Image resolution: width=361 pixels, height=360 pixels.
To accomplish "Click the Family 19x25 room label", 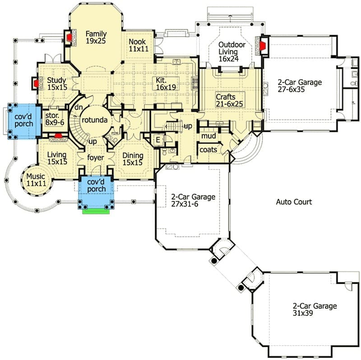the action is (96, 37).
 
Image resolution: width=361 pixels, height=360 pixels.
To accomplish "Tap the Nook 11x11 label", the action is (139, 45).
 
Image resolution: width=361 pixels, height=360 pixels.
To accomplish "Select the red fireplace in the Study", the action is (36, 83).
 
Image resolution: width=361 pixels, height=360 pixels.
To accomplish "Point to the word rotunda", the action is (95, 120).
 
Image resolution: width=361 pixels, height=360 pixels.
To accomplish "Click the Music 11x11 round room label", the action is (36, 180).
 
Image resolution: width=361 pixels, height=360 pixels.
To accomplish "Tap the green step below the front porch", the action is (96, 211).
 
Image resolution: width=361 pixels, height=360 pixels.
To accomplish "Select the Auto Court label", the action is (294, 202).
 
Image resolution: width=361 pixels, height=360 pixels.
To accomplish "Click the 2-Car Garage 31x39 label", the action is (315, 309).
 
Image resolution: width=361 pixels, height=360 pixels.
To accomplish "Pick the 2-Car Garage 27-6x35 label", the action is (300, 86).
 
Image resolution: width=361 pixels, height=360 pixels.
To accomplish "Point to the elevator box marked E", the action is (158, 140).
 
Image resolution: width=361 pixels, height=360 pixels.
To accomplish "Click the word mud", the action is (208, 136).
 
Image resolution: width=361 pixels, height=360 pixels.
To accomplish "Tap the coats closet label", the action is (208, 150).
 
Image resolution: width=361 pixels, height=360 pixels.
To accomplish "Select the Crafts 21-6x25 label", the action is (229, 100).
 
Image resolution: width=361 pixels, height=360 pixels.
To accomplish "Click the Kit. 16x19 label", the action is (166, 84).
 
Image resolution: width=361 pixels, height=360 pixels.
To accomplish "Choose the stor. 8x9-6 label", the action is (55, 119).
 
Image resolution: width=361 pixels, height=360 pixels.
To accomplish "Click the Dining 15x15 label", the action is (133, 159).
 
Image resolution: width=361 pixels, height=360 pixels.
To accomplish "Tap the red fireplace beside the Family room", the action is (69, 37).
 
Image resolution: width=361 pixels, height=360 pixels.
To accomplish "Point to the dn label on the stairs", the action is (79, 108).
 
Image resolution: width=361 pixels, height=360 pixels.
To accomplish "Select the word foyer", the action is (96, 158).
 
